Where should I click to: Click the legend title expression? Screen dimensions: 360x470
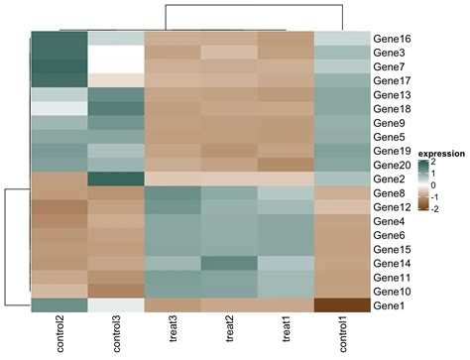[x=440, y=154]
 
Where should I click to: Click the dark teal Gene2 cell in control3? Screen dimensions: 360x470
[x=115, y=179]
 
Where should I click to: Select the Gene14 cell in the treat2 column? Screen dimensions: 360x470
[x=229, y=264]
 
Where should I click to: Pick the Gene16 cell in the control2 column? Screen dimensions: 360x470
[x=58, y=38]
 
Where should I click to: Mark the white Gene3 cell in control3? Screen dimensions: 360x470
[x=115, y=52]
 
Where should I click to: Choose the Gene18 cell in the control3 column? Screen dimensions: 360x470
[x=115, y=108]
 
